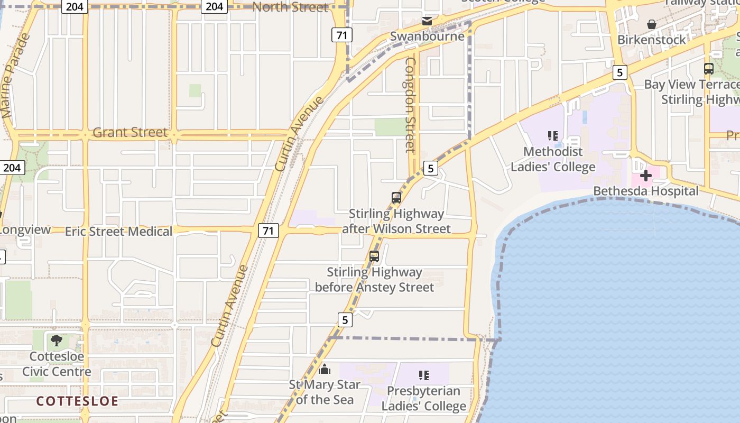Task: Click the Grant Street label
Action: (129, 132)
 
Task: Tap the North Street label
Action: (290, 7)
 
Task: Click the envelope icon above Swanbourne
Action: (427, 22)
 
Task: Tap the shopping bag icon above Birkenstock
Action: (652, 24)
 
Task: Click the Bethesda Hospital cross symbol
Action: (645, 176)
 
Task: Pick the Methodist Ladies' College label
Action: (553, 159)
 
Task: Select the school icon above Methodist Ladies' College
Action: (553, 136)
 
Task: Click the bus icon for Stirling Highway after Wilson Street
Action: (396, 198)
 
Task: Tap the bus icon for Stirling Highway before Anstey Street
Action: (374, 256)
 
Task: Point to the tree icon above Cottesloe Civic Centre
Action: (56, 341)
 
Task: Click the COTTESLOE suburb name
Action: (77, 401)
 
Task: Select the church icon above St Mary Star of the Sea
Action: (325, 369)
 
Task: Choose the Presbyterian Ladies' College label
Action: (424, 399)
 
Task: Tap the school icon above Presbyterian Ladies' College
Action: (423, 375)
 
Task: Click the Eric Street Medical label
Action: (118, 232)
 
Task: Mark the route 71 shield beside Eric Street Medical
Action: (269, 231)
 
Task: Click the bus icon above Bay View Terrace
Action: (709, 69)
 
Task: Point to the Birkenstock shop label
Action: (652, 40)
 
